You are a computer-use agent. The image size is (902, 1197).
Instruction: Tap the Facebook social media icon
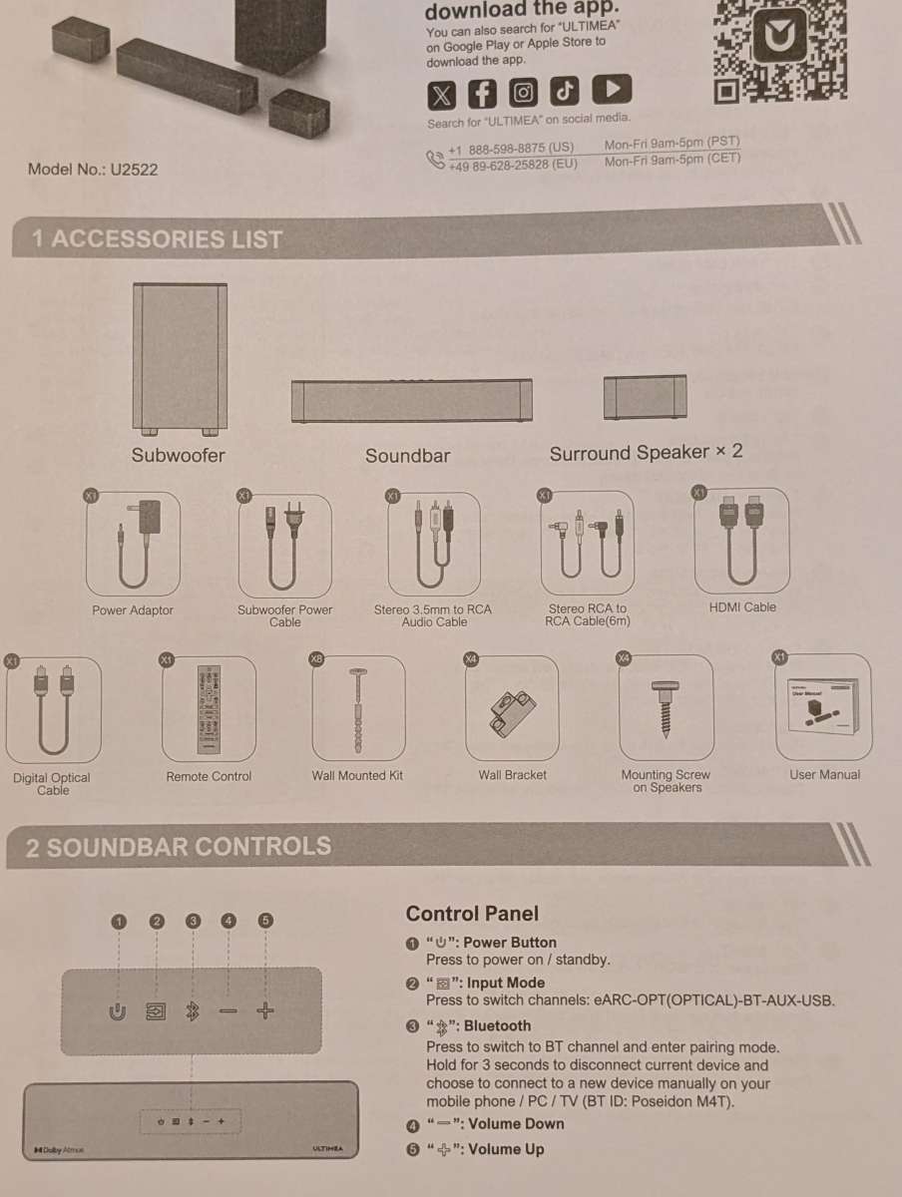[x=482, y=94]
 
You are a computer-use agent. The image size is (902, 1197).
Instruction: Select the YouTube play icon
[x=612, y=91]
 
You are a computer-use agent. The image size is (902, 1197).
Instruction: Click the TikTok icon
[x=566, y=92]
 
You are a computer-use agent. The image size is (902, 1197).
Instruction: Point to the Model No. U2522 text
[x=93, y=169]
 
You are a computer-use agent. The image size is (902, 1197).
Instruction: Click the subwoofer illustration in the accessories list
[x=180, y=360]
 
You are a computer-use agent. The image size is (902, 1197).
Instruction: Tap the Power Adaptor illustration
[x=133, y=546]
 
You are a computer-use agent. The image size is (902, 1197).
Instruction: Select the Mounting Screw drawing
[x=666, y=707]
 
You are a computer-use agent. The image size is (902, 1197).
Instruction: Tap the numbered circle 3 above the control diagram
[x=194, y=921]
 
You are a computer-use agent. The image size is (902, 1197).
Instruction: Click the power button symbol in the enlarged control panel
[x=118, y=1011]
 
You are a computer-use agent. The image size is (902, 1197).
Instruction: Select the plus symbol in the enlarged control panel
[x=264, y=1010]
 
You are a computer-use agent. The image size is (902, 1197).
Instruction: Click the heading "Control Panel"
[x=472, y=914]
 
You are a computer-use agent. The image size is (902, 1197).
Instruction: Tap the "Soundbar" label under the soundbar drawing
[x=407, y=456]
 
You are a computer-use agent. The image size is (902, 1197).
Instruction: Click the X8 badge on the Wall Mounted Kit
[x=317, y=659]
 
